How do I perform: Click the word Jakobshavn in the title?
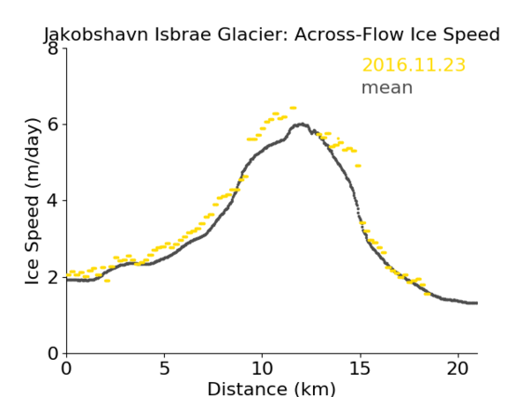click(96, 34)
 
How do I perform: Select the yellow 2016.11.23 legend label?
click(414, 65)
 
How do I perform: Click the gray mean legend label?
click(387, 87)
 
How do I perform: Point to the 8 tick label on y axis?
click(53, 48)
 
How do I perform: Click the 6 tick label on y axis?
click(53, 125)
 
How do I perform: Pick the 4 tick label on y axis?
click(53, 201)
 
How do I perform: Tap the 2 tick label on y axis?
click(53, 277)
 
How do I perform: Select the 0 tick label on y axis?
click(53, 353)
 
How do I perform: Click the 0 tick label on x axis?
click(66, 368)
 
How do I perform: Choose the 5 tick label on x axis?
click(164, 368)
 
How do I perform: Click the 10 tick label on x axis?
click(263, 368)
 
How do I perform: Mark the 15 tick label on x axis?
click(360, 368)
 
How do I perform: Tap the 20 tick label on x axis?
click(458, 368)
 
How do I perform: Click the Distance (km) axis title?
click(271, 389)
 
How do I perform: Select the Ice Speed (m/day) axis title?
click(33, 201)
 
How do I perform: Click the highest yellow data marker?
click(293, 108)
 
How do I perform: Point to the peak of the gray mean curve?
click(302, 125)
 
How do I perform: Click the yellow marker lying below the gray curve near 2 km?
click(107, 281)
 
